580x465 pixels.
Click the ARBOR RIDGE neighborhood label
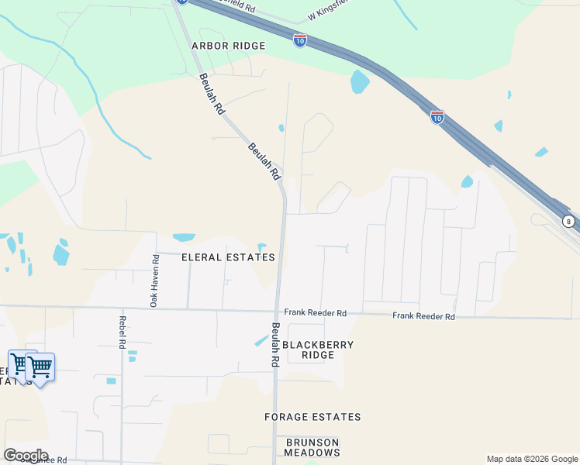pos(229,46)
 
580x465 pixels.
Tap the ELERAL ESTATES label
pos(228,257)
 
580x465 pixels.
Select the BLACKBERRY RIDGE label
pos(318,350)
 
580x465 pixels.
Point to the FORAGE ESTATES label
pos(312,417)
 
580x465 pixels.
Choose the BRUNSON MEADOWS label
pos(312,447)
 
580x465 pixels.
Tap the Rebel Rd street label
pos(123,331)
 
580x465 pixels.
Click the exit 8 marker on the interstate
pos(568,221)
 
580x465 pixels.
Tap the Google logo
pos(26,455)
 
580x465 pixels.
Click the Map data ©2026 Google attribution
pos(532,459)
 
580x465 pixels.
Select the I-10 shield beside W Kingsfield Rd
pos(300,40)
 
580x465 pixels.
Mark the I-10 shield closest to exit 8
pos(437,117)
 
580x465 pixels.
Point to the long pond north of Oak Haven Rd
pos(185,237)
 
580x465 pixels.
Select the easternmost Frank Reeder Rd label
pos(423,316)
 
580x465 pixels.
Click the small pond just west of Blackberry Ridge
pos(261,339)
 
